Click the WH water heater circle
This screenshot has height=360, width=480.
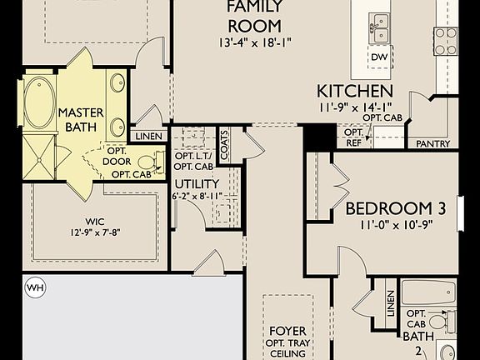[35, 287]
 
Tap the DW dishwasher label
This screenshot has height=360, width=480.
[379, 57]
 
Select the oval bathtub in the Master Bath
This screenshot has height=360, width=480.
[39, 102]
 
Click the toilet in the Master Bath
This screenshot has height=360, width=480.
[150, 162]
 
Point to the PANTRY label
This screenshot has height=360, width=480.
[432, 143]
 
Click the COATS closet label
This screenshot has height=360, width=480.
[224, 145]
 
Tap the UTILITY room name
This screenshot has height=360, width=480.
[197, 184]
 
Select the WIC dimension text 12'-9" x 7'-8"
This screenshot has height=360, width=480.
[95, 232]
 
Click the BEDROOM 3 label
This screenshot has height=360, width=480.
[396, 208]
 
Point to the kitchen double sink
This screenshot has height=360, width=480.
[380, 28]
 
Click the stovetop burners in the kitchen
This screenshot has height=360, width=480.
[445, 42]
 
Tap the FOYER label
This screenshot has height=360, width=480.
[287, 331]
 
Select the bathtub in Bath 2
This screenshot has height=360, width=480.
[428, 292]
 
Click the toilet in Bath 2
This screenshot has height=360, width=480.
[442, 322]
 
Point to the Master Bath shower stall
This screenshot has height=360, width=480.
[39, 157]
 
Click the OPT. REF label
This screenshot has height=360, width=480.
[353, 137]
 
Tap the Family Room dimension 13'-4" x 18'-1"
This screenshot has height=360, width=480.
[255, 42]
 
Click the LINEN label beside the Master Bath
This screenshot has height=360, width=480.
[149, 137]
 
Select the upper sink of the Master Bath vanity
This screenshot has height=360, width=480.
[117, 82]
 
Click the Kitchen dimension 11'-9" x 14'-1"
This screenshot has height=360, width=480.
[355, 107]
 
